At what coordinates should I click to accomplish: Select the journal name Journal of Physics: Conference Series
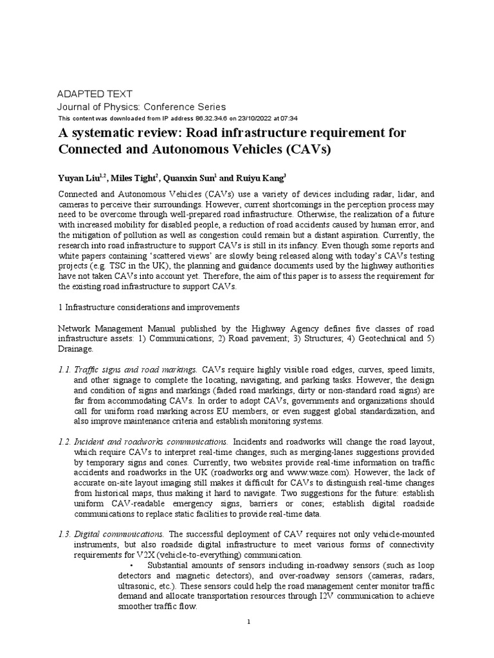coord(142,107)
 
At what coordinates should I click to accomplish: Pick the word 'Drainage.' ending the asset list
coord(76,349)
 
